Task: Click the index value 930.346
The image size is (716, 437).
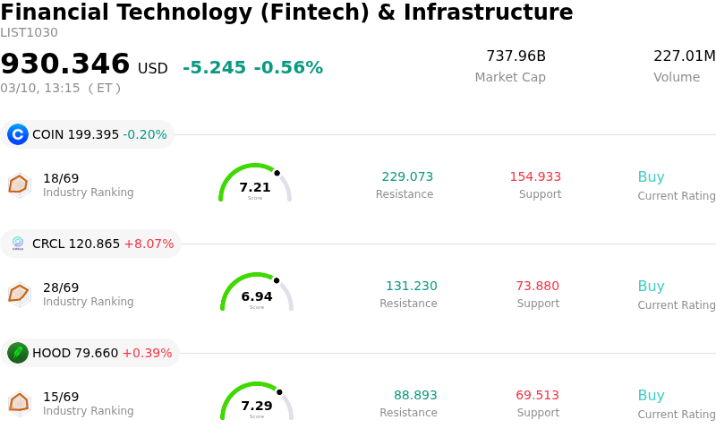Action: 65,64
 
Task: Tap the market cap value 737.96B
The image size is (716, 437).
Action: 516,56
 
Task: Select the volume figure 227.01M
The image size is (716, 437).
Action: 684,56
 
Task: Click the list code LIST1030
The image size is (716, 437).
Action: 29,33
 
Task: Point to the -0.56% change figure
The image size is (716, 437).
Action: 288,68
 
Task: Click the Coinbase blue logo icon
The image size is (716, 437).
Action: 18,134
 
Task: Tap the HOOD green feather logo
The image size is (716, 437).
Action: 18,353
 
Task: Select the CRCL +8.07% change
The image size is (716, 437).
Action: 149,244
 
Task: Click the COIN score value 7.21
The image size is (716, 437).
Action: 255,187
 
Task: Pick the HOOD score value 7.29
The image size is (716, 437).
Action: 257,406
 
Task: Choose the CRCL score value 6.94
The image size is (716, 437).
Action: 257,296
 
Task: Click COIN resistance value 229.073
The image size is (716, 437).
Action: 407,176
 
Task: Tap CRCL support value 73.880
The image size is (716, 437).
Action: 537,286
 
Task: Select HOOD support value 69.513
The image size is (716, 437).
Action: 537,395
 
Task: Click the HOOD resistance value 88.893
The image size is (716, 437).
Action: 415,395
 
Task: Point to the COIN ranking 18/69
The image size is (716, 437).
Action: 61,178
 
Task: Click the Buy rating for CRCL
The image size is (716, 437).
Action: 651,287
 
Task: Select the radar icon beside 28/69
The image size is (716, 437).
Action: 18,293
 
